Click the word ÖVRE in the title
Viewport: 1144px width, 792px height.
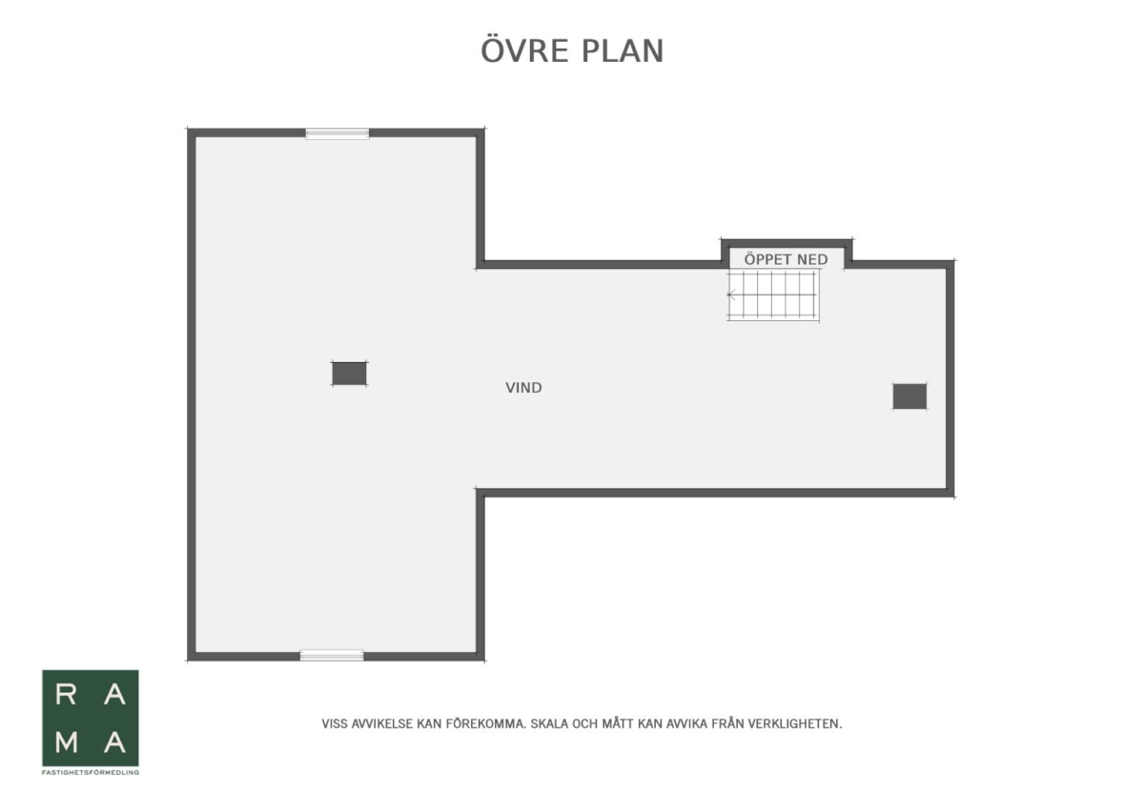click(524, 51)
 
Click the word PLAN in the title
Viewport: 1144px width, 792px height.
click(623, 51)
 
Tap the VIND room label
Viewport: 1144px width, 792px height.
click(523, 388)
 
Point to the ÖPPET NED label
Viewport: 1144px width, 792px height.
click(786, 259)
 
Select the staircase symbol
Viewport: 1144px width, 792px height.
click(773, 295)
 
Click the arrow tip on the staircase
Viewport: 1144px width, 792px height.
click(728, 294)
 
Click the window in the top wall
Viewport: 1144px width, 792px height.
click(337, 133)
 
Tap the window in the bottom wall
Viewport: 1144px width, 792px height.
click(332, 655)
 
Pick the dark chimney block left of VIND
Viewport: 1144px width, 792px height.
click(349, 374)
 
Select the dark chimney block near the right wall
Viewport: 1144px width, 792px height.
click(909, 396)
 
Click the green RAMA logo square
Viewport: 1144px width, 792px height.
click(91, 718)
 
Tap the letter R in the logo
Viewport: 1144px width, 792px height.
click(66, 695)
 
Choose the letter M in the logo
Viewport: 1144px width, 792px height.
click(67, 741)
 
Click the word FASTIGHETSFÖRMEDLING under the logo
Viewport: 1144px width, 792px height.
click(91, 773)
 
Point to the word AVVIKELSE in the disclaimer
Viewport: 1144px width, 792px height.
click(382, 723)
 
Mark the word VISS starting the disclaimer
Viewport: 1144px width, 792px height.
click(335, 723)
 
